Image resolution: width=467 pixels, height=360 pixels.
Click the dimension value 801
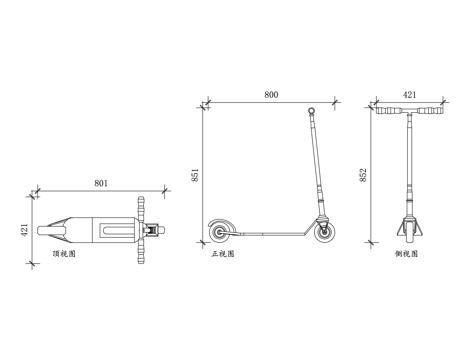click(101, 183)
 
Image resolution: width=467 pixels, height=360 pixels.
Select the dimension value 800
click(271, 95)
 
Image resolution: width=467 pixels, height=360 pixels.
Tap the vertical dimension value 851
click(195, 175)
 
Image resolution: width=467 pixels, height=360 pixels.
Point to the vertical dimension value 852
click(363, 175)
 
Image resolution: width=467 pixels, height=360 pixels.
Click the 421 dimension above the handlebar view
click(409, 95)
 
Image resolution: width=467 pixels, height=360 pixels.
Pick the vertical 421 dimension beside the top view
click(24, 230)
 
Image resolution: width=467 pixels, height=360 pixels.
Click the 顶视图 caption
click(64, 254)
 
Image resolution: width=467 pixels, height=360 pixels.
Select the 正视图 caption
click(223, 254)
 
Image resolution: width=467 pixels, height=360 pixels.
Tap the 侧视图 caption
click(406, 254)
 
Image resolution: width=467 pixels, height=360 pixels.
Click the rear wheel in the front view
click(219, 232)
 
